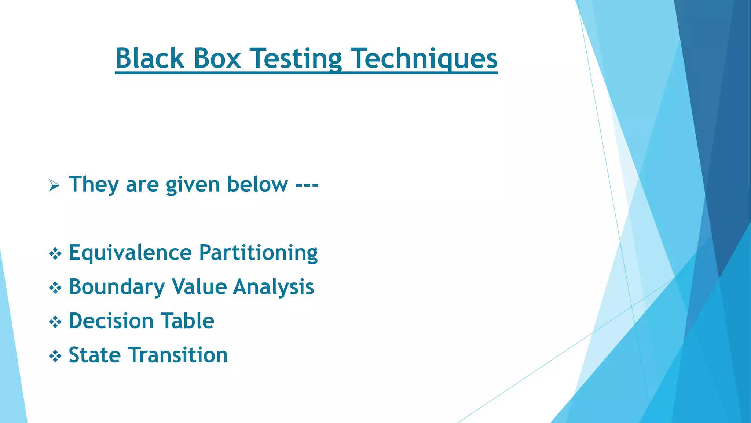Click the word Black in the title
(x=149, y=58)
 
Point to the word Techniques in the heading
(x=424, y=58)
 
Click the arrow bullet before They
(x=54, y=186)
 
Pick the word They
(x=94, y=184)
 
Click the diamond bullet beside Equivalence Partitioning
(x=55, y=254)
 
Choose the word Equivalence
(x=130, y=253)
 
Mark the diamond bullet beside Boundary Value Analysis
(x=55, y=288)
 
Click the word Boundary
(x=117, y=287)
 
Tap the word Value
(x=199, y=287)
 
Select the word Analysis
(x=274, y=287)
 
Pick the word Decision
(x=111, y=321)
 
